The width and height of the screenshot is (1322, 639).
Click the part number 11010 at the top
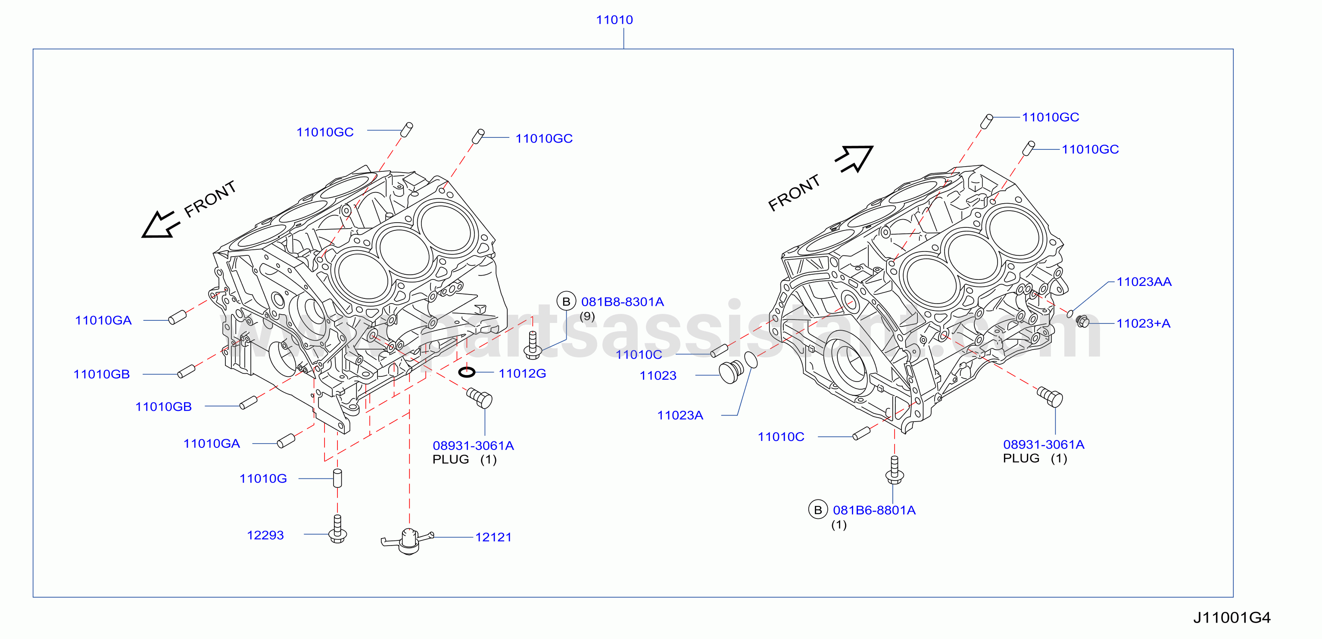[614, 20]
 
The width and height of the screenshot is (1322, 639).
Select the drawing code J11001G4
[1232, 617]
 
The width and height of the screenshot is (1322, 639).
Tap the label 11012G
[522, 373]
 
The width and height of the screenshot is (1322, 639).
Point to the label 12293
[265, 535]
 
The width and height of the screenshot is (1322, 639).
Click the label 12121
[493, 537]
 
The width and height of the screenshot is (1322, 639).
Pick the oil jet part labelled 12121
[408, 541]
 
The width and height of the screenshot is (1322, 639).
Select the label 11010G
[263, 478]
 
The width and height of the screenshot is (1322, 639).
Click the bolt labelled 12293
[337, 529]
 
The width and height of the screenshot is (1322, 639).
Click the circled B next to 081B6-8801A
[818, 510]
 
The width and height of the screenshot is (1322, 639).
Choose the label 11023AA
[1144, 282]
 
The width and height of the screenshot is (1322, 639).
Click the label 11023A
[680, 415]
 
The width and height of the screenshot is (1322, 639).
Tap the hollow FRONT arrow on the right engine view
[854, 158]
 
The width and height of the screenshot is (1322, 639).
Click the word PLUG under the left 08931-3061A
[451, 459]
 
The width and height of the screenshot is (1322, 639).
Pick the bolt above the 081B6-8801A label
[895, 470]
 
